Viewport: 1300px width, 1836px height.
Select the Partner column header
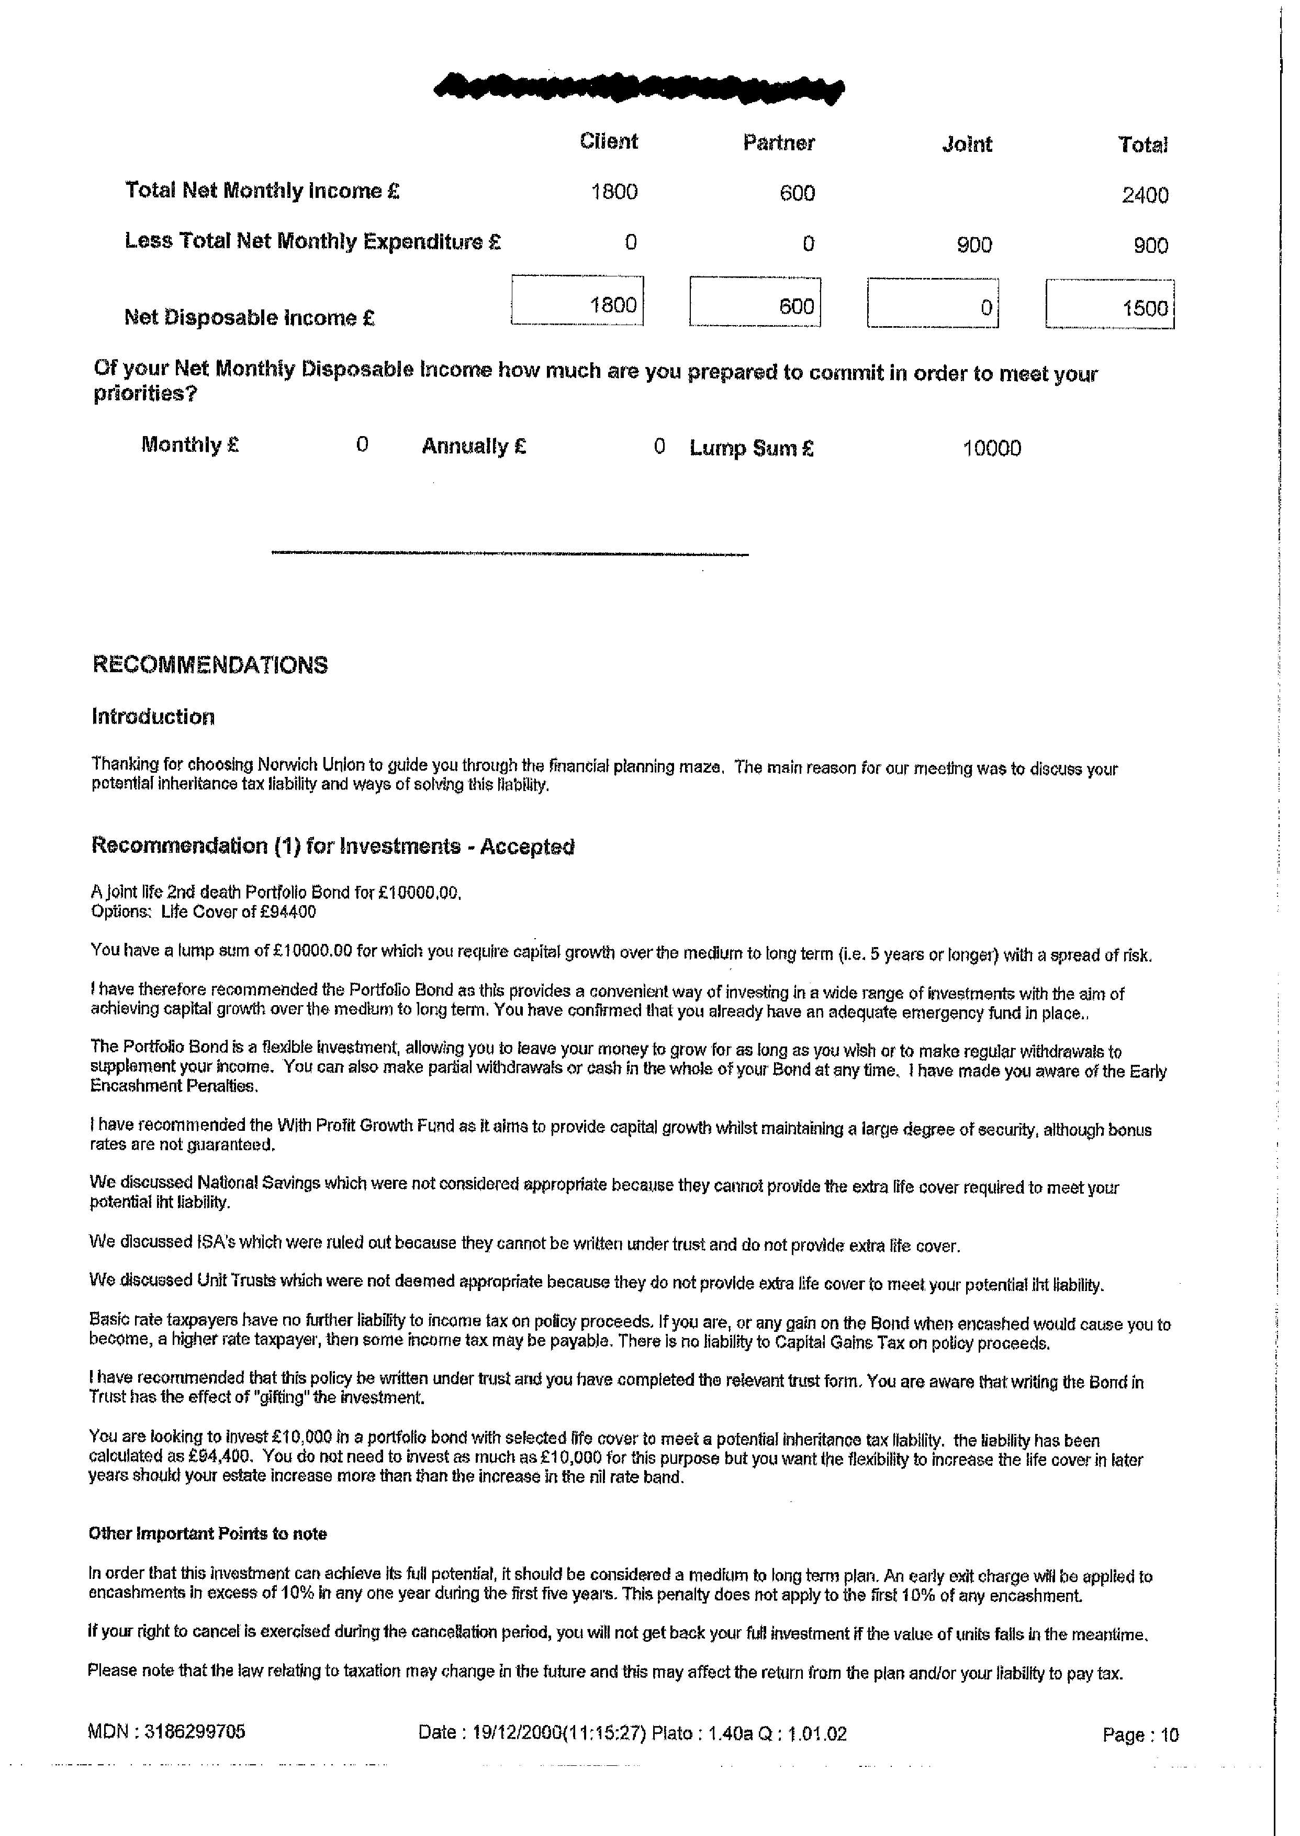click(x=778, y=143)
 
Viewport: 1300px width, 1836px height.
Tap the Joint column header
click(x=966, y=145)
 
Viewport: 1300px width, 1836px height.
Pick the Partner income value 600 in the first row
click(x=797, y=193)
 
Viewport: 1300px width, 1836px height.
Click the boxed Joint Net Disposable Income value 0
click(x=986, y=307)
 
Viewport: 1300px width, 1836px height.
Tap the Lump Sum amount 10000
click(x=991, y=448)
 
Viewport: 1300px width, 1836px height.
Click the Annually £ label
click(x=474, y=446)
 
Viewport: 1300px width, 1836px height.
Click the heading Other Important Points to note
click(x=207, y=1533)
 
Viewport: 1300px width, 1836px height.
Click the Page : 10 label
click(x=1140, y=1734)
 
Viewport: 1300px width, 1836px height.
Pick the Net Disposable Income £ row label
click(x=250, y=318)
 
